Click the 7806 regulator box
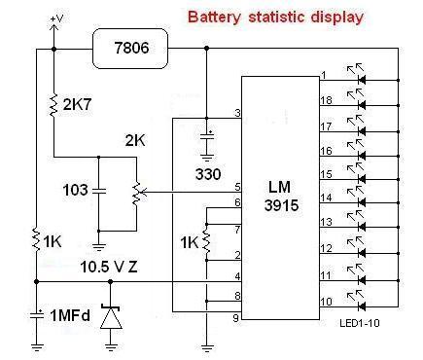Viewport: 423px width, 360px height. [x=130, y=49]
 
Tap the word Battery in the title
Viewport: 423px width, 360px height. [x=215, y=18]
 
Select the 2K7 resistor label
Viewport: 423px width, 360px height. [x=77, y=105]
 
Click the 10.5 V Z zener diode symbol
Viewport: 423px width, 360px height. [x=111, y=317]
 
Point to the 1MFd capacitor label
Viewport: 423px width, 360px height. [x=70, y=315]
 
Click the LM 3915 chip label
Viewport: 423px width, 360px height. [x=281, y=197]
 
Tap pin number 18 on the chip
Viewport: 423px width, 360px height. [x=326, y=100]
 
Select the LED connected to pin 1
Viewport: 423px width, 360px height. [x=357, y=75]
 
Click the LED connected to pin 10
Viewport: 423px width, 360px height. [x=357, y=302]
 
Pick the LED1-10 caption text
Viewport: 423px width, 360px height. [x=360, y=323]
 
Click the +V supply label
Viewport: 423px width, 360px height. [x=57, y=18]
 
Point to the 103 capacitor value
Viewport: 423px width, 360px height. [x=75, y=190]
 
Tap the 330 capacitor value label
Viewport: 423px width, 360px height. [x=208, y=174]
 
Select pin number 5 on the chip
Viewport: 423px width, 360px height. [x=238, y=187]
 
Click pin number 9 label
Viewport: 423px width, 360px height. [x=236, y=318]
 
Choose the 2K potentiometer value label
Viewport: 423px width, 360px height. [x=135, y=141]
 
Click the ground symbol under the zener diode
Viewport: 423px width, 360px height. [x=111, y=346]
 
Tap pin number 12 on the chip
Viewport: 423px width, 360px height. [x=327, y=248]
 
